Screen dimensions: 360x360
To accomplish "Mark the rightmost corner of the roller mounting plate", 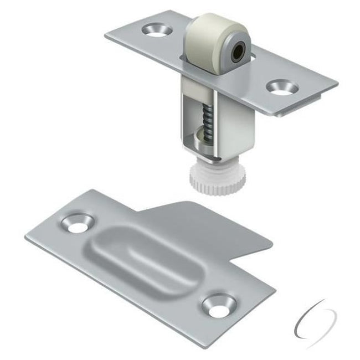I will pos(337,84).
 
